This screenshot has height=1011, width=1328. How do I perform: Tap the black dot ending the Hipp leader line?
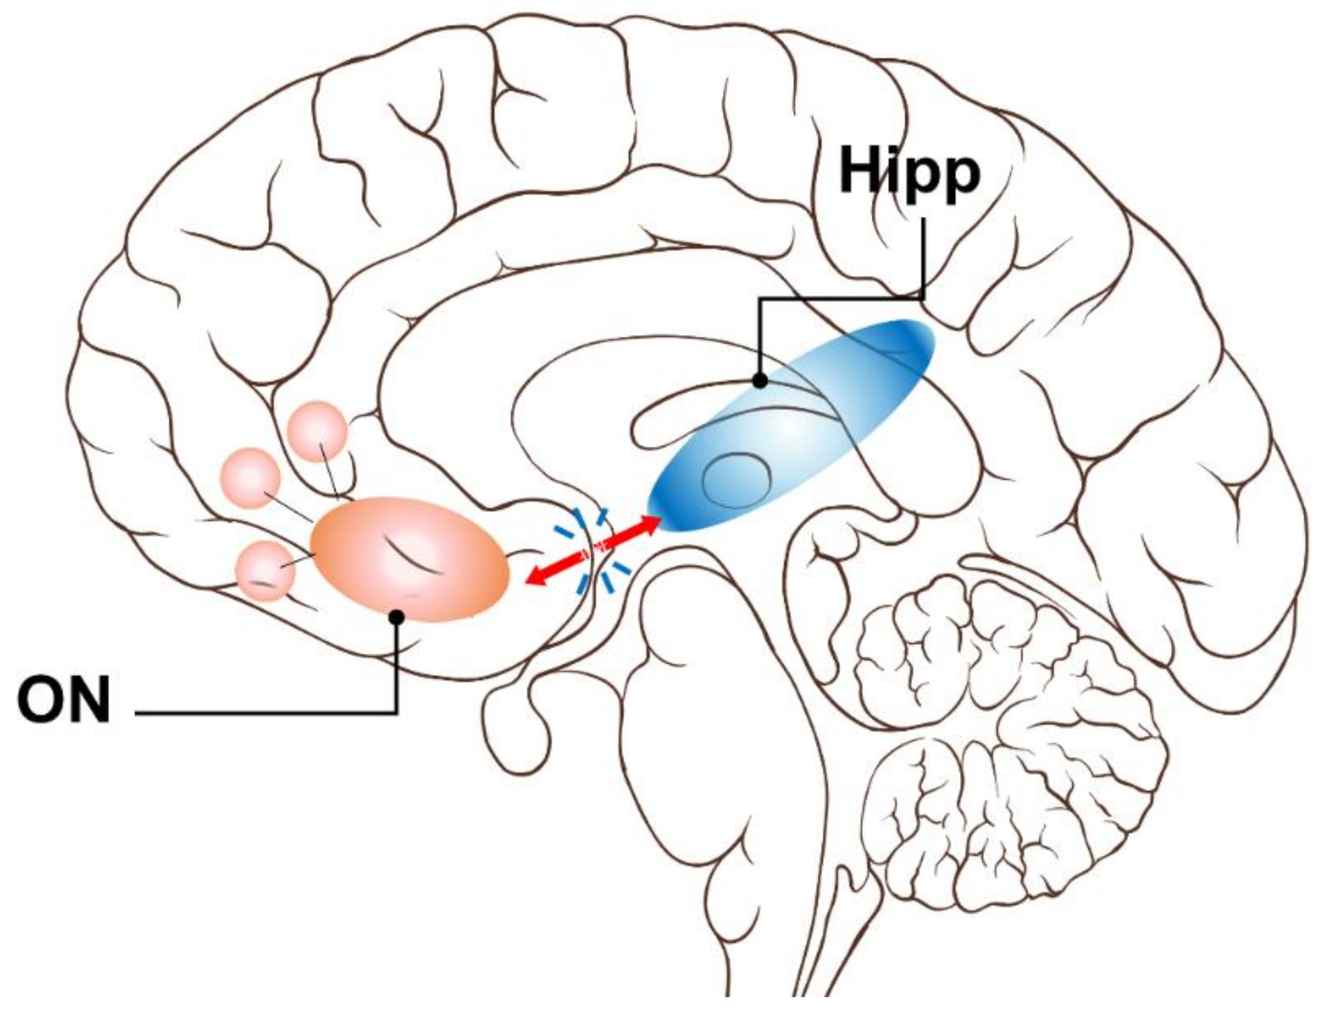point(760,381)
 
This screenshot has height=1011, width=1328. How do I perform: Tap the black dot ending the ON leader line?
point(397,617)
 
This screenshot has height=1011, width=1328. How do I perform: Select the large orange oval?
point(410,559)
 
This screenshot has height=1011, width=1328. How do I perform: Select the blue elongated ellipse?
point(791,426)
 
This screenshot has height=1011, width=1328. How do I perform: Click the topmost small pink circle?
point(316,432)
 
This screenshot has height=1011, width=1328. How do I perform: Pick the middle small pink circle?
point(251,478)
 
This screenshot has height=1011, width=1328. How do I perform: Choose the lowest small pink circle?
point(265,571)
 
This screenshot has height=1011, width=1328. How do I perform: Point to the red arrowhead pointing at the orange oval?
point(536,578)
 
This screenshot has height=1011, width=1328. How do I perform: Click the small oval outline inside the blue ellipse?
point(737,481)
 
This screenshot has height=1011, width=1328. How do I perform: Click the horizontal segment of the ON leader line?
point(266,713)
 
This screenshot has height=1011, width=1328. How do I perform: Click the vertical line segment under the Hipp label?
point(923,260)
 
